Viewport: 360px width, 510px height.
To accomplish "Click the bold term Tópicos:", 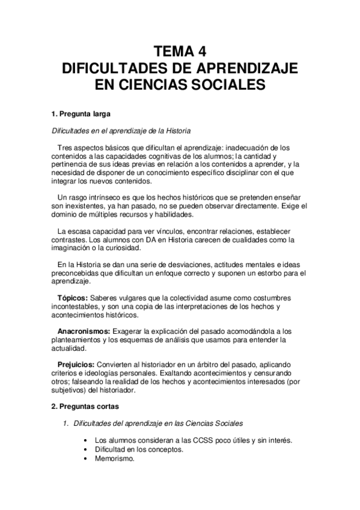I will [x=73, y=298].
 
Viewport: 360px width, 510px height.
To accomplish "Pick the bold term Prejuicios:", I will [x=75, y=364].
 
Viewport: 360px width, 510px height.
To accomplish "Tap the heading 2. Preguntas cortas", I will [x=84, y=406].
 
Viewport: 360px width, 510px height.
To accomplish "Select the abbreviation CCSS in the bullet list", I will [x=185, y=440].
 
